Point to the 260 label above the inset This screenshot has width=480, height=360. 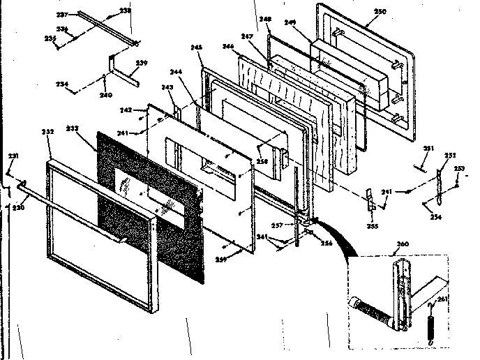point(402,245)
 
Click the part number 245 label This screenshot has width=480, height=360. point(196,47)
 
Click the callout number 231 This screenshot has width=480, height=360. point(12,156)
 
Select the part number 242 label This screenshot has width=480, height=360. point(126,110)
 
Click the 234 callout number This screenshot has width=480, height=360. point(63,84)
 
